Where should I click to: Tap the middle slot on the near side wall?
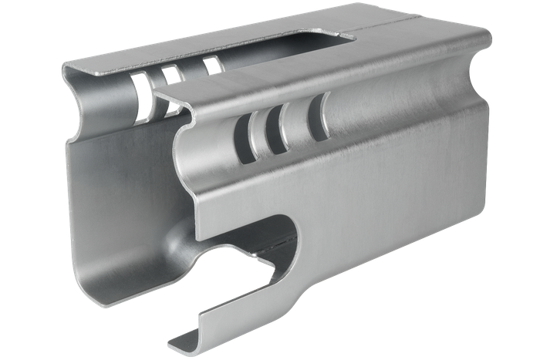click(x=270, y=128)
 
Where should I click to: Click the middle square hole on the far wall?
click(x=170, y=74)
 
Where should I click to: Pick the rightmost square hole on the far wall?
click(x=211, y=65)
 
